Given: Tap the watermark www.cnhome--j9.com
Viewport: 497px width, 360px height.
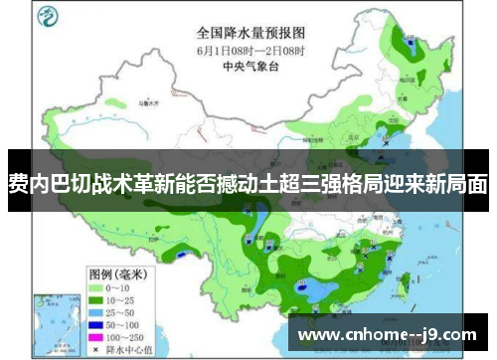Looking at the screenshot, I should [x=388, y=334].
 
